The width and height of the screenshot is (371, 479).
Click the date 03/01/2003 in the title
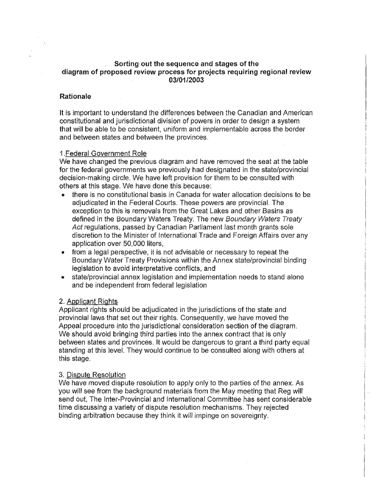click(186, 80)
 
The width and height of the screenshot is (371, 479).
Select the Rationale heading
click(75, 97)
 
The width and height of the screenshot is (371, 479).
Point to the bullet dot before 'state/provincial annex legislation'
click(63, 277)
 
